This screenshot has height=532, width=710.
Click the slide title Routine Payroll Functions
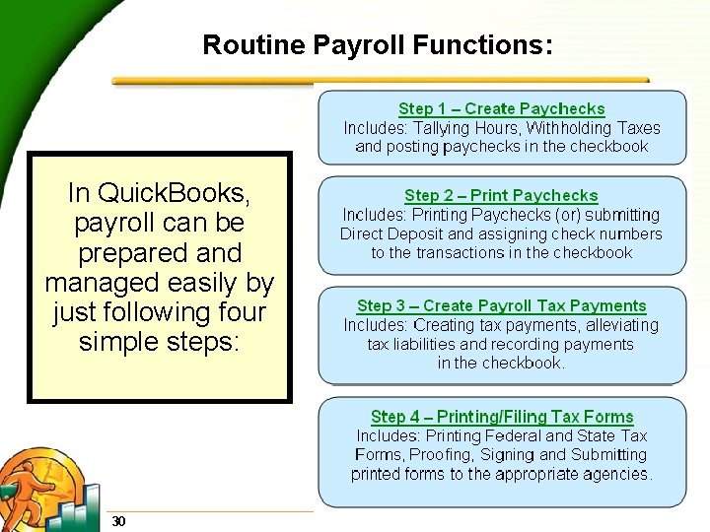377,44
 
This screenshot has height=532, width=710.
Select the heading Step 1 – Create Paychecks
501,108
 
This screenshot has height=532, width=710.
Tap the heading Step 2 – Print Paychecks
501,196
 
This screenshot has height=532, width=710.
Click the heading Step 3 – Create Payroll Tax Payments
501,306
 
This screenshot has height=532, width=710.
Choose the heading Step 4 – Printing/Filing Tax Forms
501,418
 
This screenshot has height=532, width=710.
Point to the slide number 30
118,520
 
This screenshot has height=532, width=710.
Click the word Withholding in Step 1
569,128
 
